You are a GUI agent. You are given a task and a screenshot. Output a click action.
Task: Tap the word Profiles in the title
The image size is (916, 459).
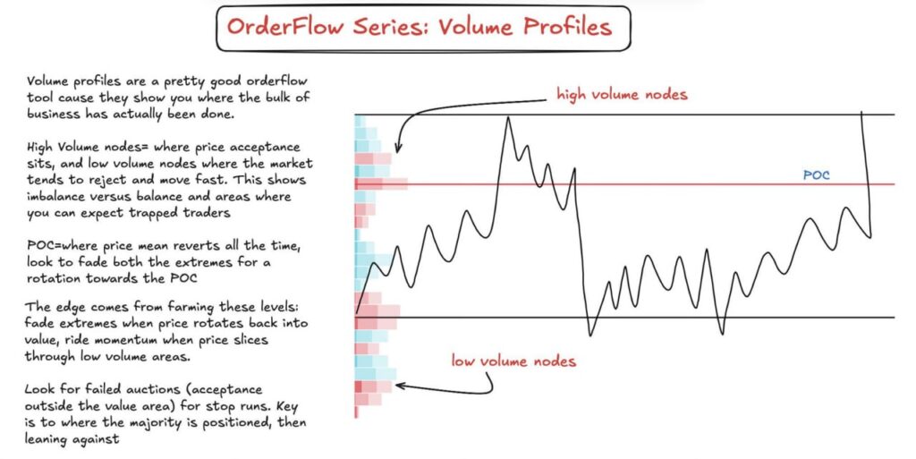(564, 26)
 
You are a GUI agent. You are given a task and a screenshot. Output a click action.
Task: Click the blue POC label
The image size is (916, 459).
(816, 175)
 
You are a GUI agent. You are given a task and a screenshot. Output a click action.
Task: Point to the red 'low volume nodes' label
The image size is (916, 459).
(513, 361)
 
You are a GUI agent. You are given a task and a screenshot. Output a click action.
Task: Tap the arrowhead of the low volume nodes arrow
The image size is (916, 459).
(398, 386)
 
